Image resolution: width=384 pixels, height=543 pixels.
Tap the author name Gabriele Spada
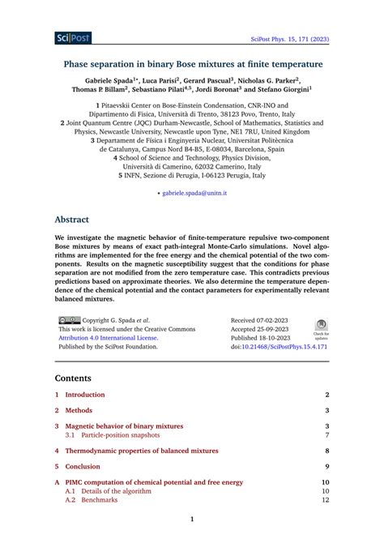pyautogui.click(x=112, y=80)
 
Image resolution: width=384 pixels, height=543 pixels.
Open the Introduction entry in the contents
pyautogui.click(x=85, y=395)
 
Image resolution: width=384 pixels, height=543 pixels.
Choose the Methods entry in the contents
pyautogui.click(x=79, y=411)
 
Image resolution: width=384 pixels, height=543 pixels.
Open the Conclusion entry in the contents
pyautogui.click(x=83, y=466)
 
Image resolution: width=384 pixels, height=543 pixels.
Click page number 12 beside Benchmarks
pyautogui.click(x=326, y=500)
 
